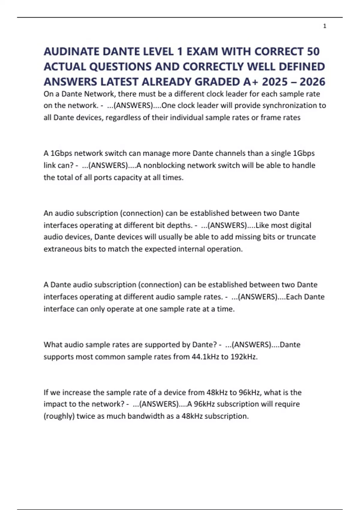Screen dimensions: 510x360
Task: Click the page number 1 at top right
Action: tap(325, 26)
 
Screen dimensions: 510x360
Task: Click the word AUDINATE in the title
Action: tap(71, 52)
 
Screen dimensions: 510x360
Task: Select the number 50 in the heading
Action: tap(313, 52)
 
